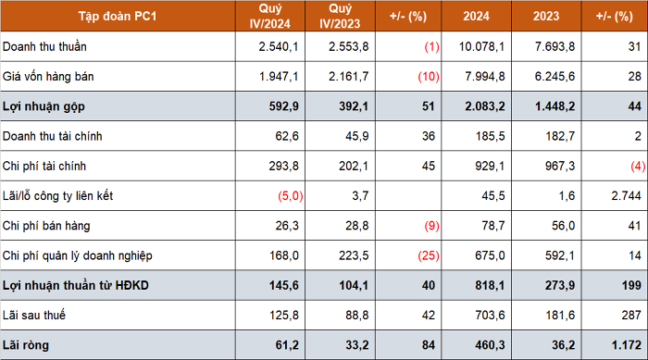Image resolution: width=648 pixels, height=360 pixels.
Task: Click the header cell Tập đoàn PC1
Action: (118, 16)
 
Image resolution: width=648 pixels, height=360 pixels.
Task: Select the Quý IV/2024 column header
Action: (270, 16)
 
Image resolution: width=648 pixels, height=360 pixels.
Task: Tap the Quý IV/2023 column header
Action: (340, 16)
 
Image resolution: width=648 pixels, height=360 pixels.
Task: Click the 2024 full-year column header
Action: (476, 16)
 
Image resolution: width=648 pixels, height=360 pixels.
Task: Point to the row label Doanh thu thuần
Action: (44, 46)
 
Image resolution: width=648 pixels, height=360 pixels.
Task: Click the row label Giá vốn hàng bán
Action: (48, 77)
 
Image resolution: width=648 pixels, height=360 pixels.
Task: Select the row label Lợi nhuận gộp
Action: (44, 106)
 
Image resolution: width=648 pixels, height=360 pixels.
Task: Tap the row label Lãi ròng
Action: (26, 345)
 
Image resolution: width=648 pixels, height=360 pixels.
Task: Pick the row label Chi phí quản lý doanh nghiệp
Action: (77, 255)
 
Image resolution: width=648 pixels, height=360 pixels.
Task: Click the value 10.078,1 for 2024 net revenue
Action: (482, 46)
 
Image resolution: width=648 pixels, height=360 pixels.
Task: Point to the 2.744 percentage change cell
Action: (627, 196)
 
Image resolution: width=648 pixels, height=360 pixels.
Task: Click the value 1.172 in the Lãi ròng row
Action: (627, 345)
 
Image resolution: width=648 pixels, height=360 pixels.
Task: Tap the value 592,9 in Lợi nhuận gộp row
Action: (284, 106)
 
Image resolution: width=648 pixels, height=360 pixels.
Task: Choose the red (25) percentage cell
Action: (429, 255)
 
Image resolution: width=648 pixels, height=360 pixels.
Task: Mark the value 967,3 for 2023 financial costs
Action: (560, 167)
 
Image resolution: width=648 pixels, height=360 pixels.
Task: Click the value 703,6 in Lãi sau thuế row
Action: (490, 316)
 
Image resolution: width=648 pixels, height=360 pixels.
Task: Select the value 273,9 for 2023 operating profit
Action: (560, 286)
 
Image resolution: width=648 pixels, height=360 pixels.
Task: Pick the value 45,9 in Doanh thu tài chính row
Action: (357, 136)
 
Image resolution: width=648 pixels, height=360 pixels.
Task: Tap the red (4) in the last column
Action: (638, 167)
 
